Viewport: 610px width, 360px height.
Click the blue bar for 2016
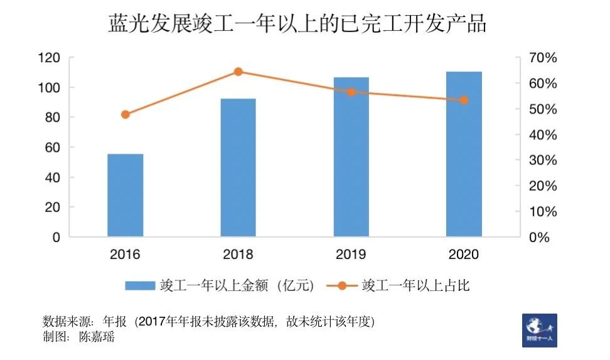click(126, 195)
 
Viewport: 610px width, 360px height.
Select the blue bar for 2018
click(238, 167)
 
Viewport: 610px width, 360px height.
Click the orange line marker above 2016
click(126, 114)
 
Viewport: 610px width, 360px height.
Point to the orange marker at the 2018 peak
click(238, 71)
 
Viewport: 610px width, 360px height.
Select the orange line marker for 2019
click(351, 92)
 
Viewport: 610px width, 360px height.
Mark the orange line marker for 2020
click(464, 100)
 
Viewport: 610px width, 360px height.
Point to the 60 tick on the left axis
click(51, 148)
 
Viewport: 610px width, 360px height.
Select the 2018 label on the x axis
click(238, 255)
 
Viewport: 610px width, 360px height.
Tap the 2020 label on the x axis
click(464, 255)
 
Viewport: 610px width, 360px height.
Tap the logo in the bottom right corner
click(539, 330)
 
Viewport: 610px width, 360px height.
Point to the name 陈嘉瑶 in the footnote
click(97, 337)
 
